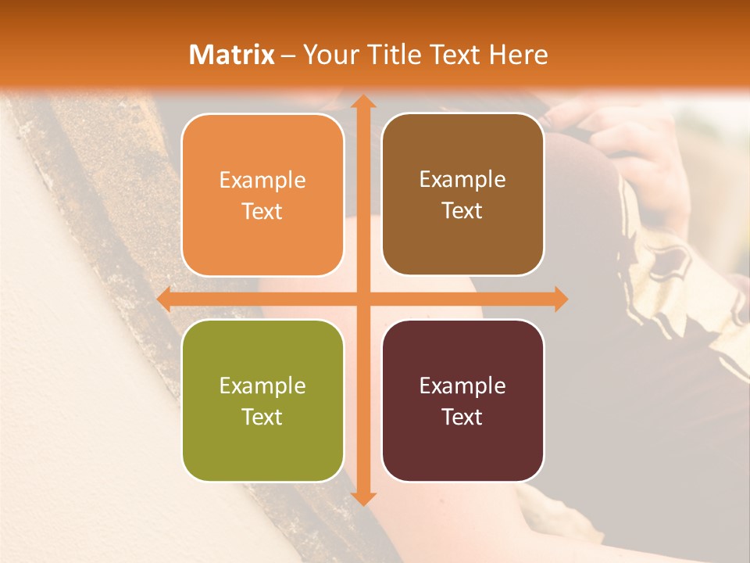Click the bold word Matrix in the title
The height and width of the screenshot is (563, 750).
click(232, 55)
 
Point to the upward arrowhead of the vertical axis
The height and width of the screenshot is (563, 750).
click(362, 102)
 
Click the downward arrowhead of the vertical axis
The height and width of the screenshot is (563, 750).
click(362, 498)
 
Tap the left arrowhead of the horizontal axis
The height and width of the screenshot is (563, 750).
click(165, 299)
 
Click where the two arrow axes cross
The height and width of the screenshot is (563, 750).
click(362, 299)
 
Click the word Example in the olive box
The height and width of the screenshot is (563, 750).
click(262, 385)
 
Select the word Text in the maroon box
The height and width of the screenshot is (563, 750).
click(462, 417)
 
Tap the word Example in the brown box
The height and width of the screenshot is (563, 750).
click(462, 179)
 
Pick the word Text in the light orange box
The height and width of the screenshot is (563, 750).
click(262, 211)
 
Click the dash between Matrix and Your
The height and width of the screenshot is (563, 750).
click(289, 56)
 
